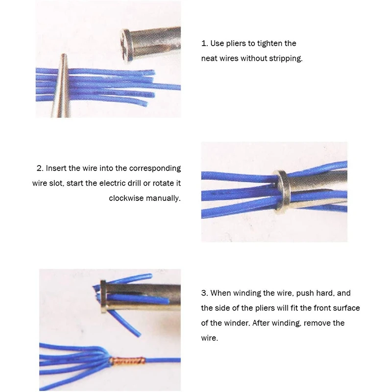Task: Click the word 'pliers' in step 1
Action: (x=238, y=44)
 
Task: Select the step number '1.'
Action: (x=204, y=44)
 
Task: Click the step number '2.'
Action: (x=40, y=168)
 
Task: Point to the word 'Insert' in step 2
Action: (x=57, y=168)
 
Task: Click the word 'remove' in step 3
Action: (x=332, y=323)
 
